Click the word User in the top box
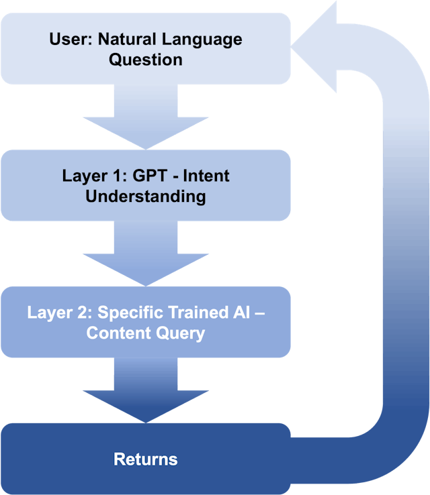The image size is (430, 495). [69, 39]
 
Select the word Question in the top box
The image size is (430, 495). [146, 60]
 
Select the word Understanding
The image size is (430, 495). [146, 197]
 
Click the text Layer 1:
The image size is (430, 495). [89, 176]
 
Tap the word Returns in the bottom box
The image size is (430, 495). [146, 459]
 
